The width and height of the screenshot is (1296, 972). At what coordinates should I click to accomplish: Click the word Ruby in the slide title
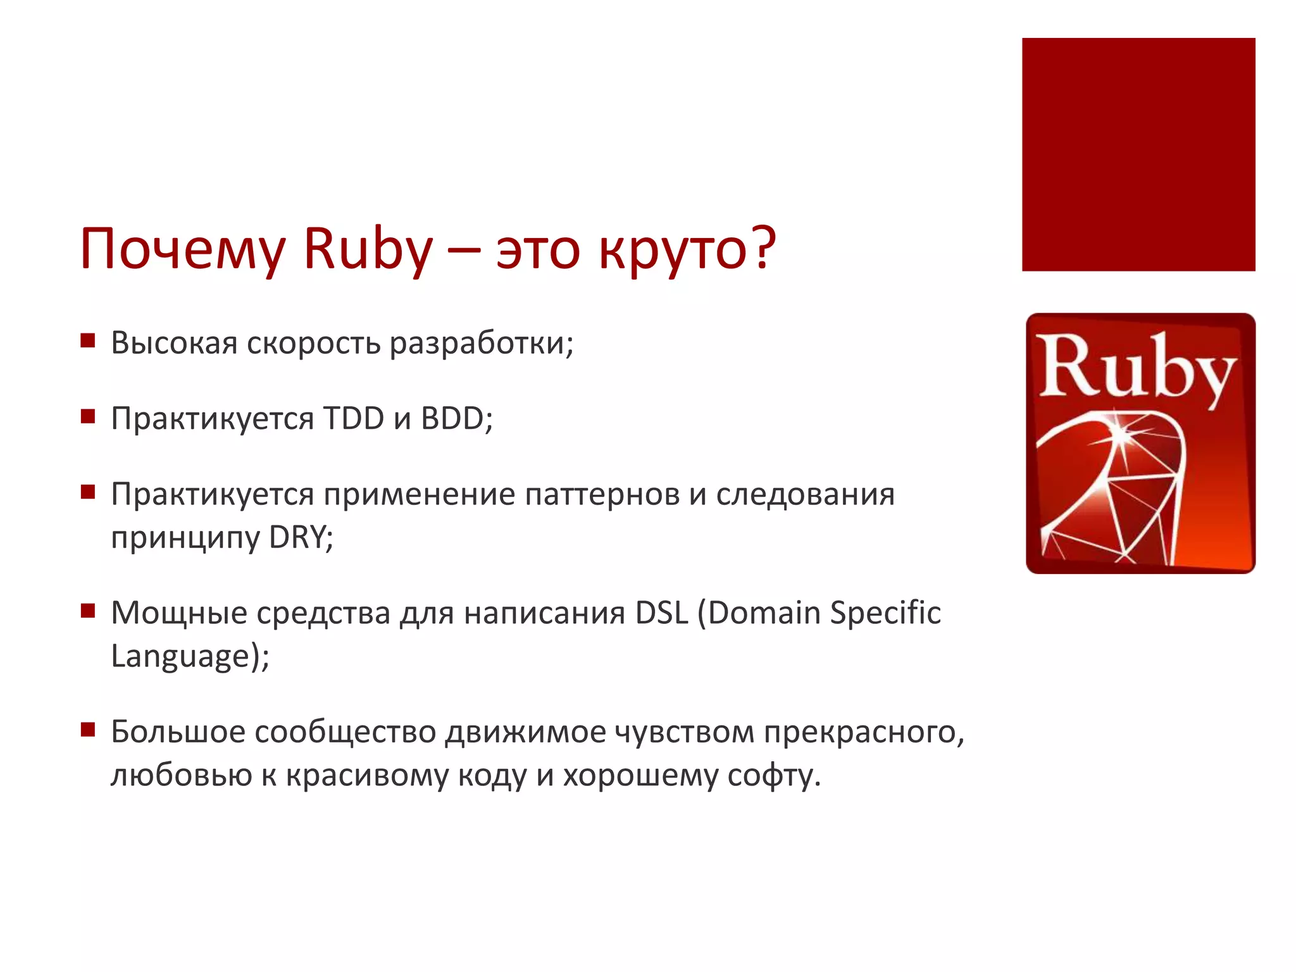pyautogui.click(x=368, y=249)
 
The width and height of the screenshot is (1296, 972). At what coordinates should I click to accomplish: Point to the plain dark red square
pyautogui.click(x=1138, y=154)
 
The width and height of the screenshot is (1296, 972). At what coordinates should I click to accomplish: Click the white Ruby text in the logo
pyautogui.click(x=1135, y=368)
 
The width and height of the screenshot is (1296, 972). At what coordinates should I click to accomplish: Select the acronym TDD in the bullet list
pyautogui.click(x=353, y=418)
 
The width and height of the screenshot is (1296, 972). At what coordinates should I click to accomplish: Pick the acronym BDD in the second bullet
pyautogui.click(x=453, y=418)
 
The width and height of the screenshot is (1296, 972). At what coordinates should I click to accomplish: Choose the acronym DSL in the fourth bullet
pyautogui.click(x=661, y=613)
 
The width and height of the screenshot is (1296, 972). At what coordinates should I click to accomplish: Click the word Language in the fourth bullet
pyautogui.click(x=181, y=656)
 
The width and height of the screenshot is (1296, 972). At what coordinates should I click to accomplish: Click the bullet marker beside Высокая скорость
pyautogui.click(x=88, y=342)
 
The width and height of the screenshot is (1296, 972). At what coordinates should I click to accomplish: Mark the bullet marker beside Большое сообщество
pyautogui.click(x=88, y=730)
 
